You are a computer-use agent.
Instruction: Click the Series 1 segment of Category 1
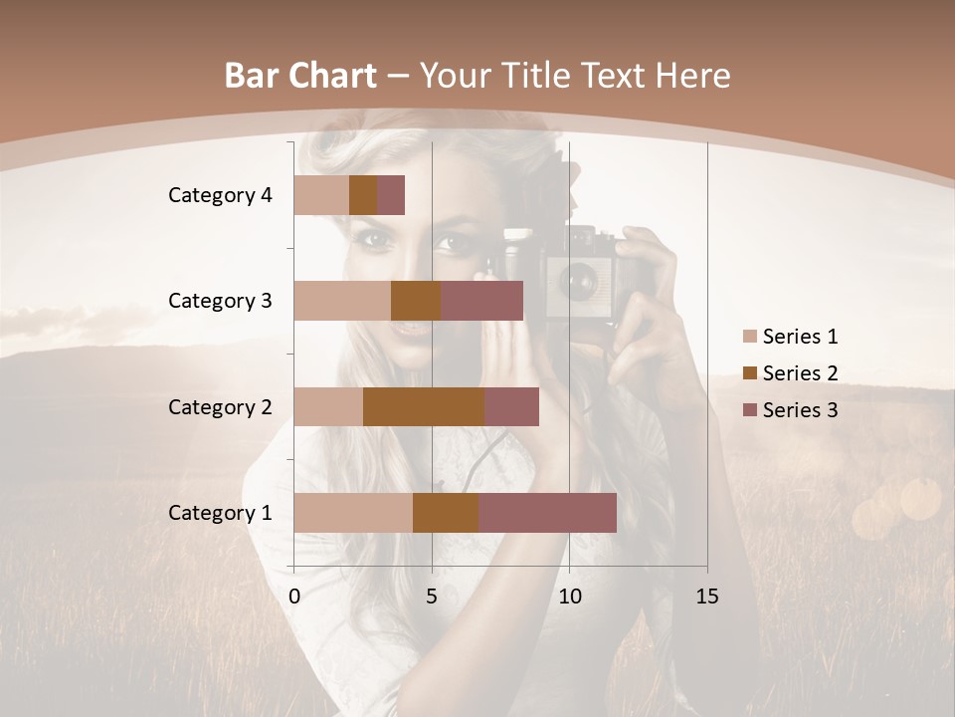click(x=353, y=513)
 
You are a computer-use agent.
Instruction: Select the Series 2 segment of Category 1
click(x=446, y=513)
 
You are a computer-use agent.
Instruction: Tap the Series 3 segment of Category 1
click(x=547, y=513)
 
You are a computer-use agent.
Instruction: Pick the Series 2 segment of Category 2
click(x=424, y=406)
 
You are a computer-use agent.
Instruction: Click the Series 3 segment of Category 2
click(x=511, y=406)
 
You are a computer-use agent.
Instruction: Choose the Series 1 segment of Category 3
click(x=342, y=301)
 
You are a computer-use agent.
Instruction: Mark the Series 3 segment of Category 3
click(x=481, y=301)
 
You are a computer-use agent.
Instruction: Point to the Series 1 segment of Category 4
click(x=321, y=195)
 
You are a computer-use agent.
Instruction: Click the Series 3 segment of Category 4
click(x=391, y=195)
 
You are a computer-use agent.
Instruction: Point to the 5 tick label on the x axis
click(x=432, y=597)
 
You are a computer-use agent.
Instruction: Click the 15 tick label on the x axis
click(x=706, y=597)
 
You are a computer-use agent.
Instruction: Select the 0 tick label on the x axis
click(x=294, y=597)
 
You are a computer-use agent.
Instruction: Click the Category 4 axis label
click(x=220, y=195)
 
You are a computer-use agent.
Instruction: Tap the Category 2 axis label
click(x=220, y=406)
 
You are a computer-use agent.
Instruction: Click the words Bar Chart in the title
click(x=300, y=75)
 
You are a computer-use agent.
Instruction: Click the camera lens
click(x=578, y=282)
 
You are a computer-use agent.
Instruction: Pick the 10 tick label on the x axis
click(x=569, y=597)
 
